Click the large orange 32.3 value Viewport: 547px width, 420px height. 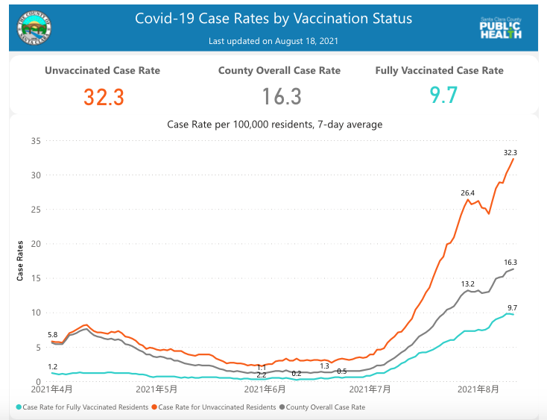pyautogui.click(x=103, y=97)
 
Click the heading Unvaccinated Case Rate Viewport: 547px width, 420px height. pyautogui.click(x=103, y=71)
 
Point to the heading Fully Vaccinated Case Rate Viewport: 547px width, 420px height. pyautogui.click(x=440, y=71)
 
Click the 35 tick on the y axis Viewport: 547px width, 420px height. pyautogui.click(x=34, y=141)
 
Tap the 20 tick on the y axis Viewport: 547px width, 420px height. pyautogui.click(x=34, y=244)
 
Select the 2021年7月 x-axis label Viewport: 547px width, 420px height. pyautogui.click(x=370, y=389)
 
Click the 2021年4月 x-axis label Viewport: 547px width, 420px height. pyautogui.click(x=53, y=389)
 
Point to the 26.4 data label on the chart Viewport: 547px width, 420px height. pyautogui.click(x=467, y=193)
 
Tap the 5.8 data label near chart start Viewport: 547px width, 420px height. pyautogui.click(x=53, y=335)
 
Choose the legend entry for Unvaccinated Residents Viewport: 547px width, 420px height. pyautogui.click(x=213, y=407)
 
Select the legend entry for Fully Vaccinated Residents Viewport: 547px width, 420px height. pyautogui.click(x=83, y=407)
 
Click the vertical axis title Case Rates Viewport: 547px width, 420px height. pyautogui.click(x=20, y=260)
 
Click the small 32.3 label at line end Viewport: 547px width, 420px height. pyautogui.click(x=510, y=152)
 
